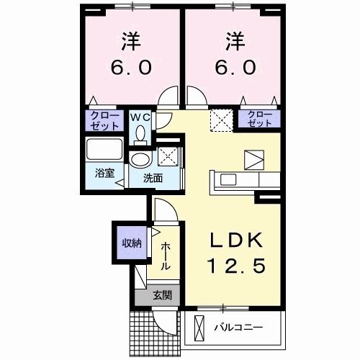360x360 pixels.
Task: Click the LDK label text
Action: coord(236,240)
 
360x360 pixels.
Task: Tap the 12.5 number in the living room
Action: coord(237,266)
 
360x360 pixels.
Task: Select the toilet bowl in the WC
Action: coord(140,135)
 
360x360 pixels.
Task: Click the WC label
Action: coord(140,117)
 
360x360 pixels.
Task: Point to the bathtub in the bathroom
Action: coord(104,149)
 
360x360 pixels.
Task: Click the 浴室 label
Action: coord(104,173)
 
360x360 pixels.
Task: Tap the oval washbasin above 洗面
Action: coord(140,159)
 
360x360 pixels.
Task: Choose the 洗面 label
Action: coord(153,179)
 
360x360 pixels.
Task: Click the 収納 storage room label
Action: coord(132,243)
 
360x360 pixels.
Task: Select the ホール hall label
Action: coord(166,256)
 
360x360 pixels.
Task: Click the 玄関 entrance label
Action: coord(163,295)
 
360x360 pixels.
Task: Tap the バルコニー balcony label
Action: coord(238,327)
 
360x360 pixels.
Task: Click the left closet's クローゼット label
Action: coord(104,121)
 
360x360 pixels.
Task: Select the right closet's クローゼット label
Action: coord(259,119)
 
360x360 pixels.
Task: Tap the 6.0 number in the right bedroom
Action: coord(235,67)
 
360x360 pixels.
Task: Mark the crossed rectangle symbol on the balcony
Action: coord(199,327)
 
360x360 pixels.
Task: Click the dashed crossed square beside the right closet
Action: coord(222,120)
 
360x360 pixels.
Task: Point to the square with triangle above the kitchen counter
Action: coord(254,160)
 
